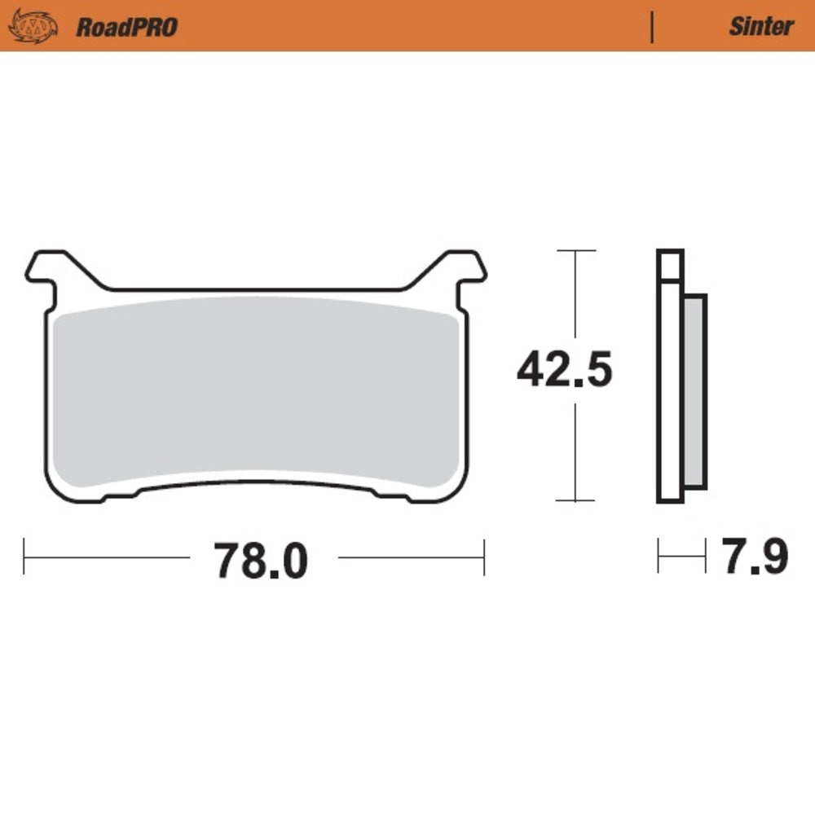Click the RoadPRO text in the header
click(x=126, y=27)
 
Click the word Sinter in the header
click(x=760, y=26)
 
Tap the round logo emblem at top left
click(x=33, y=26)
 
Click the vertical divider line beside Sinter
click(x=652, y=26)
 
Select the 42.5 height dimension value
click(x=564, y=372)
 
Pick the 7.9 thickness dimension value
click(x=753, y=557)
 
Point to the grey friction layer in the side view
click(x=694, y=391)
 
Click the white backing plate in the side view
click(x=669, y=391)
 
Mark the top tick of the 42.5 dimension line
click(x=576, y=251)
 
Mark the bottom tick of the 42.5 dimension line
click(x=576, y=500)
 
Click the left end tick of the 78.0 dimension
click(x=24, y=557)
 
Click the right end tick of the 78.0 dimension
click(x=484, y=557)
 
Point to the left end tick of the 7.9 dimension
click(x=659, y=557)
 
